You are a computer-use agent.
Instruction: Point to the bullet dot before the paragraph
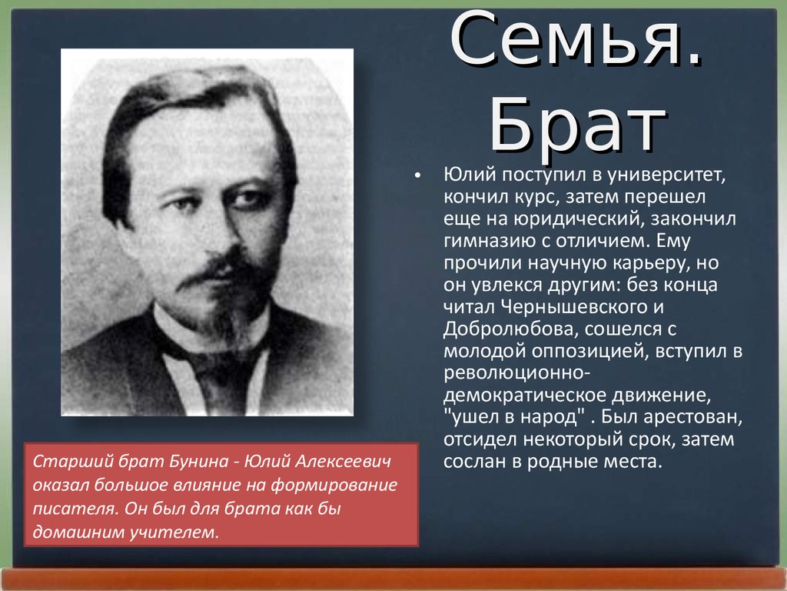[417, 176]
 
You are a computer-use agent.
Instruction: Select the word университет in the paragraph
[666, 175]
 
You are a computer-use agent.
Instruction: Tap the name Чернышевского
[583, 306]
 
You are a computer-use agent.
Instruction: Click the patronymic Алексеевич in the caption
[342, 462]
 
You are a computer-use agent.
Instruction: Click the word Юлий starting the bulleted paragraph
[467, 175]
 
